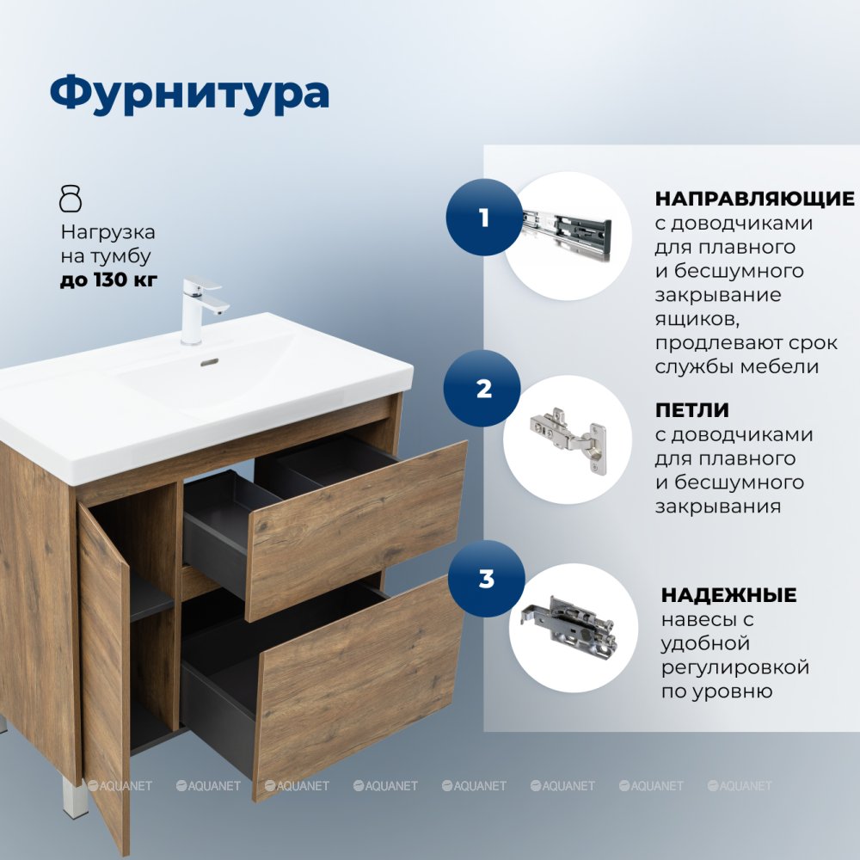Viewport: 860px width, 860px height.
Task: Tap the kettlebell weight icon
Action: coord(71,199)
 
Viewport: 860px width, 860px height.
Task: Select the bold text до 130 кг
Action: coord(108,279)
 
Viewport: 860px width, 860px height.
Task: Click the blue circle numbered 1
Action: coord(483,218)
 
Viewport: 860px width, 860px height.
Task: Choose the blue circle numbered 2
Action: coord(482,389)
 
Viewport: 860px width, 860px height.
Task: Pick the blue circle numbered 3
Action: coord(487,579)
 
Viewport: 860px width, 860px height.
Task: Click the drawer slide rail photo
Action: coord(567,230)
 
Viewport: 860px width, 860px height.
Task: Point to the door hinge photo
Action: coord(568,439)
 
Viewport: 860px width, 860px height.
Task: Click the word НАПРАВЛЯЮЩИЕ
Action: coord(755,199)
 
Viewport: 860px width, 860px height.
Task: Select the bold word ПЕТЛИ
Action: coord(692,409)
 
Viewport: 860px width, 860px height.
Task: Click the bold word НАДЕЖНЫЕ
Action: coord(729,594)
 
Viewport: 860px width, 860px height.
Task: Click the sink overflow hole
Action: coord(210,363)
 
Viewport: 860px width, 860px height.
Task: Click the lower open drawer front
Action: coord(359,686)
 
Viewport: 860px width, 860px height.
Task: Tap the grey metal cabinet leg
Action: coord(75,796)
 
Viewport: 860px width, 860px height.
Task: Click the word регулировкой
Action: coord(735,667)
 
